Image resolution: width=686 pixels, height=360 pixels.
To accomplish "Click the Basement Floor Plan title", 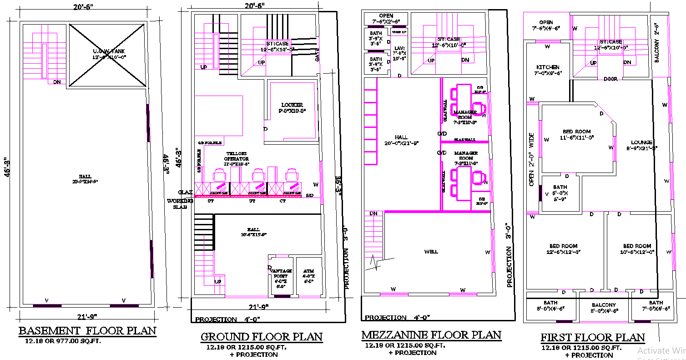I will click(87, 331).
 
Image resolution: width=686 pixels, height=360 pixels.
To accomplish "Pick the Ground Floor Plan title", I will click(262, 337).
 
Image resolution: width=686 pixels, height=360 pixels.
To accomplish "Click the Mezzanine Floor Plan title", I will click(431, 335).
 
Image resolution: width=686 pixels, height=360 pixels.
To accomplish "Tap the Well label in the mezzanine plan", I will click(431, 252).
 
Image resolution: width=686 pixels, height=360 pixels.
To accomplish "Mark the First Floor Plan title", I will click(592, 338).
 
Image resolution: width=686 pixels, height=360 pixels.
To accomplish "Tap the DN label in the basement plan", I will click(57, 82).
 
